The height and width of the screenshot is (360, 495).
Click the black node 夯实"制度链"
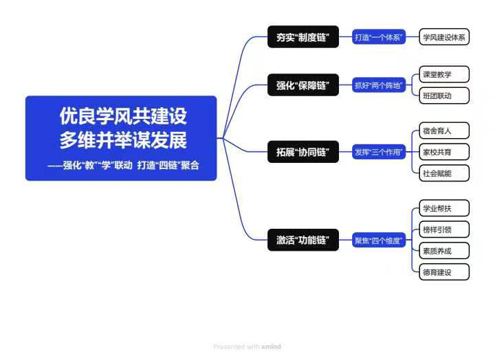click(302, 37)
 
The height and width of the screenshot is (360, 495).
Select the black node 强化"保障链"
click(302, 86)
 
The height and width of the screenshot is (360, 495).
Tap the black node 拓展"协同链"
click(302, 153)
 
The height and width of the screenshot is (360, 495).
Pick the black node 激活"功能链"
click(302, 240)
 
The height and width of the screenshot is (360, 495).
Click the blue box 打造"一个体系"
click(379, 37)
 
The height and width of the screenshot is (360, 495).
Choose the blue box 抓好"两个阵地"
click(379, 86)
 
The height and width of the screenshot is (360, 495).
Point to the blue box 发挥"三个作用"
click(379, 153)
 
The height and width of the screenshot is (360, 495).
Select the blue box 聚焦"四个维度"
click(379, 240)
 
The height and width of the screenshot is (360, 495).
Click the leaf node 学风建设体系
click(444, 37)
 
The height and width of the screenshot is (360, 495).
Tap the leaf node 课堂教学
click(444, 74)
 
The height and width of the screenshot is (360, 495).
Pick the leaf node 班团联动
click(444, 95)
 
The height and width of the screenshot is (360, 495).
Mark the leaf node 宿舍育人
click(444, 130)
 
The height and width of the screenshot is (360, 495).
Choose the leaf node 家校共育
click(444, 151)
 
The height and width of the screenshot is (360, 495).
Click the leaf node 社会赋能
click(444, 173)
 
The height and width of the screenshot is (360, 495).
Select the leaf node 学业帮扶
click(444, 207)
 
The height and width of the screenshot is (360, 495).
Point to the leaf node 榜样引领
click(444, 229)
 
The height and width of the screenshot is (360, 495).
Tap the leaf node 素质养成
click(444, 250)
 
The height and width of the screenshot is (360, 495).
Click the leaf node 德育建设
click(444, 272)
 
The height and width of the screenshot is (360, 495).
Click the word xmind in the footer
click(271, 347)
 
